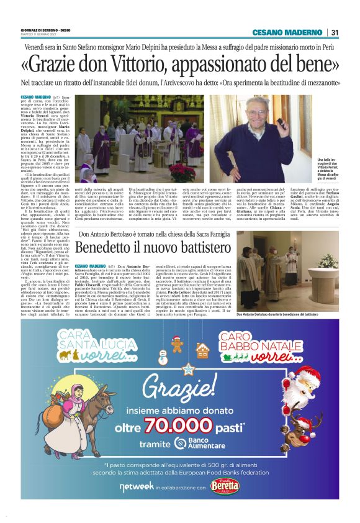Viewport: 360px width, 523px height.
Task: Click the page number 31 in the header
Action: [335, 32]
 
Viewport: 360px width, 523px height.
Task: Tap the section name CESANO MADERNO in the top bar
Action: [287, 32]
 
